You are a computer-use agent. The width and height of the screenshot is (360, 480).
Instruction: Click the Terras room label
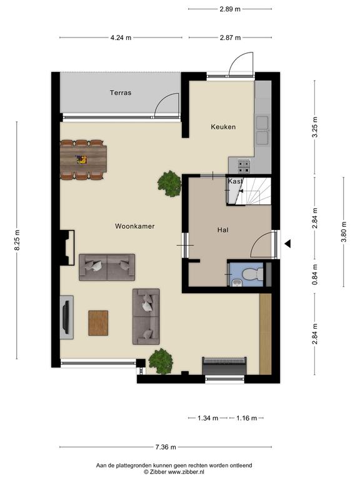[x=121, y=92]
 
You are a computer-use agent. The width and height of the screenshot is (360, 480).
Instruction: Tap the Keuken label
[x=223, y=127]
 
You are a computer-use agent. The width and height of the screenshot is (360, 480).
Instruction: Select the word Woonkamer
[x=135, y=226]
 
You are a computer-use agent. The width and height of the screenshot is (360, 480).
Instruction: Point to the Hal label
[x=223, y=230]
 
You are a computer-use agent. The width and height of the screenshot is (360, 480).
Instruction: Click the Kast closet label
[x=235, y=181]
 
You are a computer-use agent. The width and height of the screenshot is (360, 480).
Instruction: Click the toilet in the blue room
[x=253, y=274]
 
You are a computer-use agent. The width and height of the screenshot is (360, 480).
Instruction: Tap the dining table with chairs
[x=84, y=159]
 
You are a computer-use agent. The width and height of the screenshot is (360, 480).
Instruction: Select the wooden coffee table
[x=98, y=323]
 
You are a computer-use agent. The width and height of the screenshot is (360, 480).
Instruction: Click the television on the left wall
[x=66, y=317]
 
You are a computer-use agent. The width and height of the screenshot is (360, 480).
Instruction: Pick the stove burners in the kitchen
[x=244, y=166]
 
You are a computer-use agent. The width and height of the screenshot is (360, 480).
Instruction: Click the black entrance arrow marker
[x=287, y=244]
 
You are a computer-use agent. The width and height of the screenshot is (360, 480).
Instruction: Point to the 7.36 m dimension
[x=166, y=447]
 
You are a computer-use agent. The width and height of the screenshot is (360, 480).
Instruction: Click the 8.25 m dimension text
[x=17, y=240]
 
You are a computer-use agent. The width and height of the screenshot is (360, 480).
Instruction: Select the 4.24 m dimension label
[x=121, y=37]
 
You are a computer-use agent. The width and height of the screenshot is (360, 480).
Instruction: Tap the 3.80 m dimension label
[x=344, y=232]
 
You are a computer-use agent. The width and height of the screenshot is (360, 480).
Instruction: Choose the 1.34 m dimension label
[x=208, y=418]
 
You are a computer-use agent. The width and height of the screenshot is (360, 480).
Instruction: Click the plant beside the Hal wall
[x=169, y=184]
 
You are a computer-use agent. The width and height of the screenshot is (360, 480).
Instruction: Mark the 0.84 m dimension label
[x=315, y=274]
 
